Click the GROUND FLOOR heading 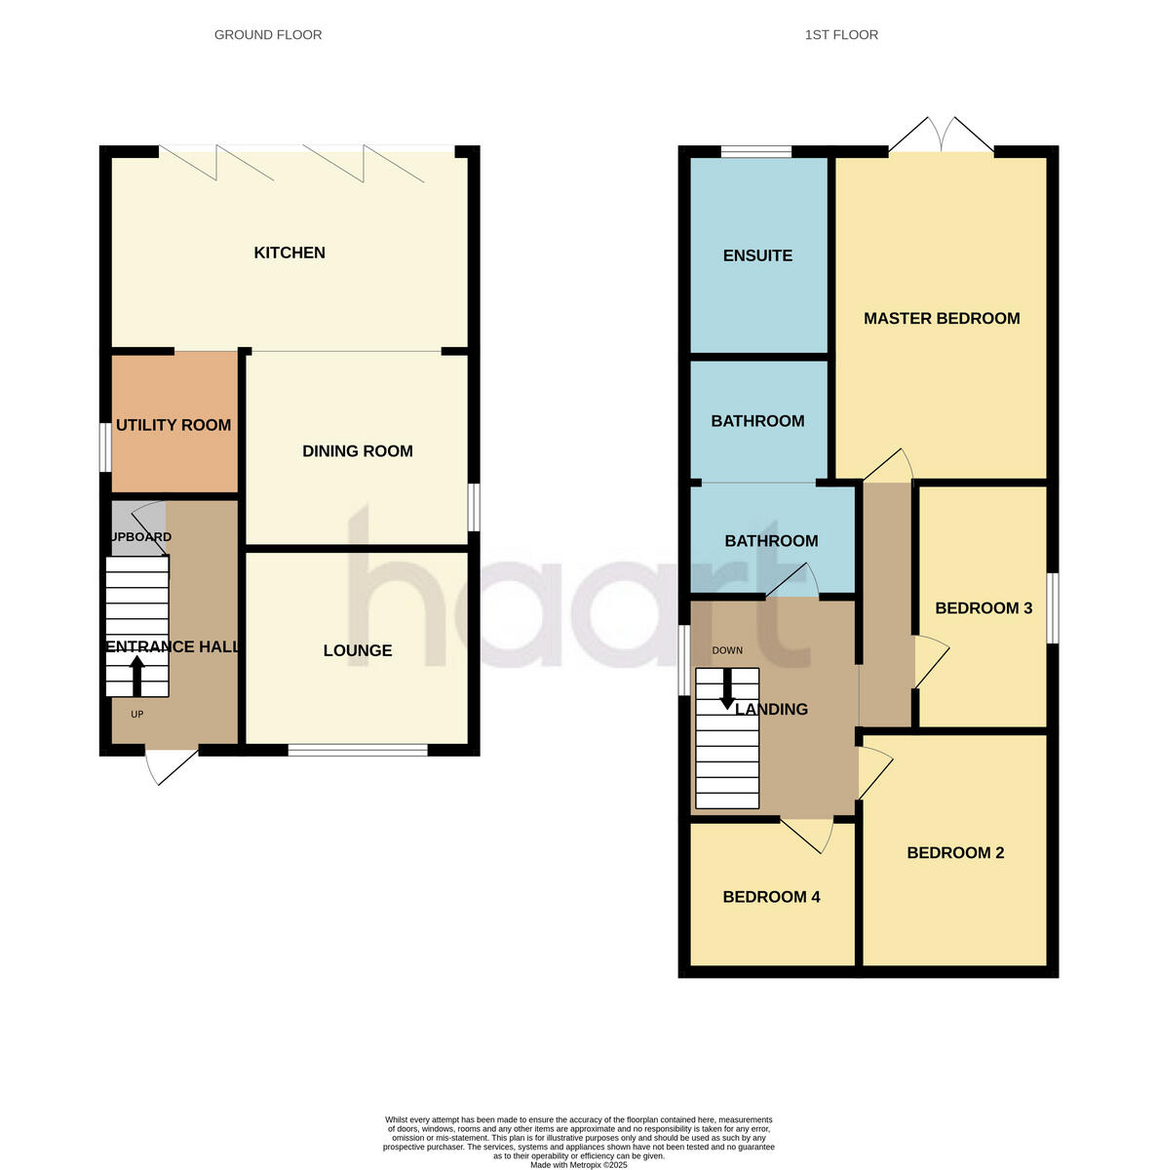tap(268, 35)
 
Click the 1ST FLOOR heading tap(841, 35)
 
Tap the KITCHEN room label tap(289, 253)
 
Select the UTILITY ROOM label tap(174, 425)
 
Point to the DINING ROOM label tap(358, 451)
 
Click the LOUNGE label tap(358, 651)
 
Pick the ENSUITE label tap(757, 256)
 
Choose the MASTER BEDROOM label tap(942, 319)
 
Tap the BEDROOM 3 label tap(984, 608)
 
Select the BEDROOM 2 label tap(955, 853)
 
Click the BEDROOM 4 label tap(771, 897)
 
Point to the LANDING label tap(772, 710)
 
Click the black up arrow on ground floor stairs tap(136, 675)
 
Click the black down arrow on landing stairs tap(727, 690)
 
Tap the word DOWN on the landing tap(727, 650)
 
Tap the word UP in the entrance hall tap(137, 715)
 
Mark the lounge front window tap(358, 750)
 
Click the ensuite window tap(756, 151)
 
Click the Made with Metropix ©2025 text tap(579, 1165)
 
